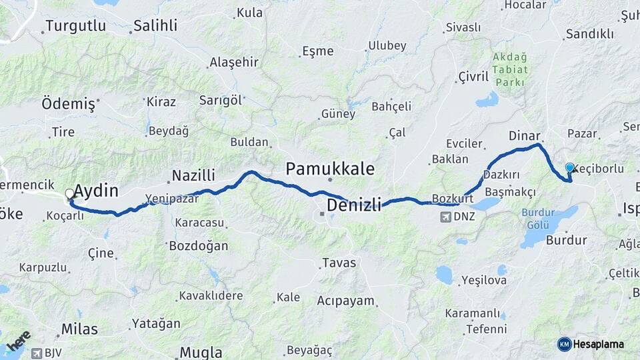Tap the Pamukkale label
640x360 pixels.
click(x=330, y=167)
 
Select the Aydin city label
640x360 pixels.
click(x=96, y=191)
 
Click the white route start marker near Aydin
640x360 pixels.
click(x=69, y=194)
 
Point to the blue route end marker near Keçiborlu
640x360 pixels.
click(x=569, y=168)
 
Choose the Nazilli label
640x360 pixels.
click(x=193, y=175)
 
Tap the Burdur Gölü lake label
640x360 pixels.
click(x=537, y=219)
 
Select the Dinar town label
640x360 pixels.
click(x=523, y=135)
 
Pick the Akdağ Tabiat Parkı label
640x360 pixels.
click(x=510, y=69)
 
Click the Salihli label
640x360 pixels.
click(x=155, y=26)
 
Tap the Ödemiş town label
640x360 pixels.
click(x=70, y=103)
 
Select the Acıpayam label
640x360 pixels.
click(x=345, y=300)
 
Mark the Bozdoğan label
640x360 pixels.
click(x=199, y=246)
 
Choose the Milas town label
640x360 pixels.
click(x=79, y=329)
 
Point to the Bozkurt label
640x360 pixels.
click(x=452, y=199)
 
